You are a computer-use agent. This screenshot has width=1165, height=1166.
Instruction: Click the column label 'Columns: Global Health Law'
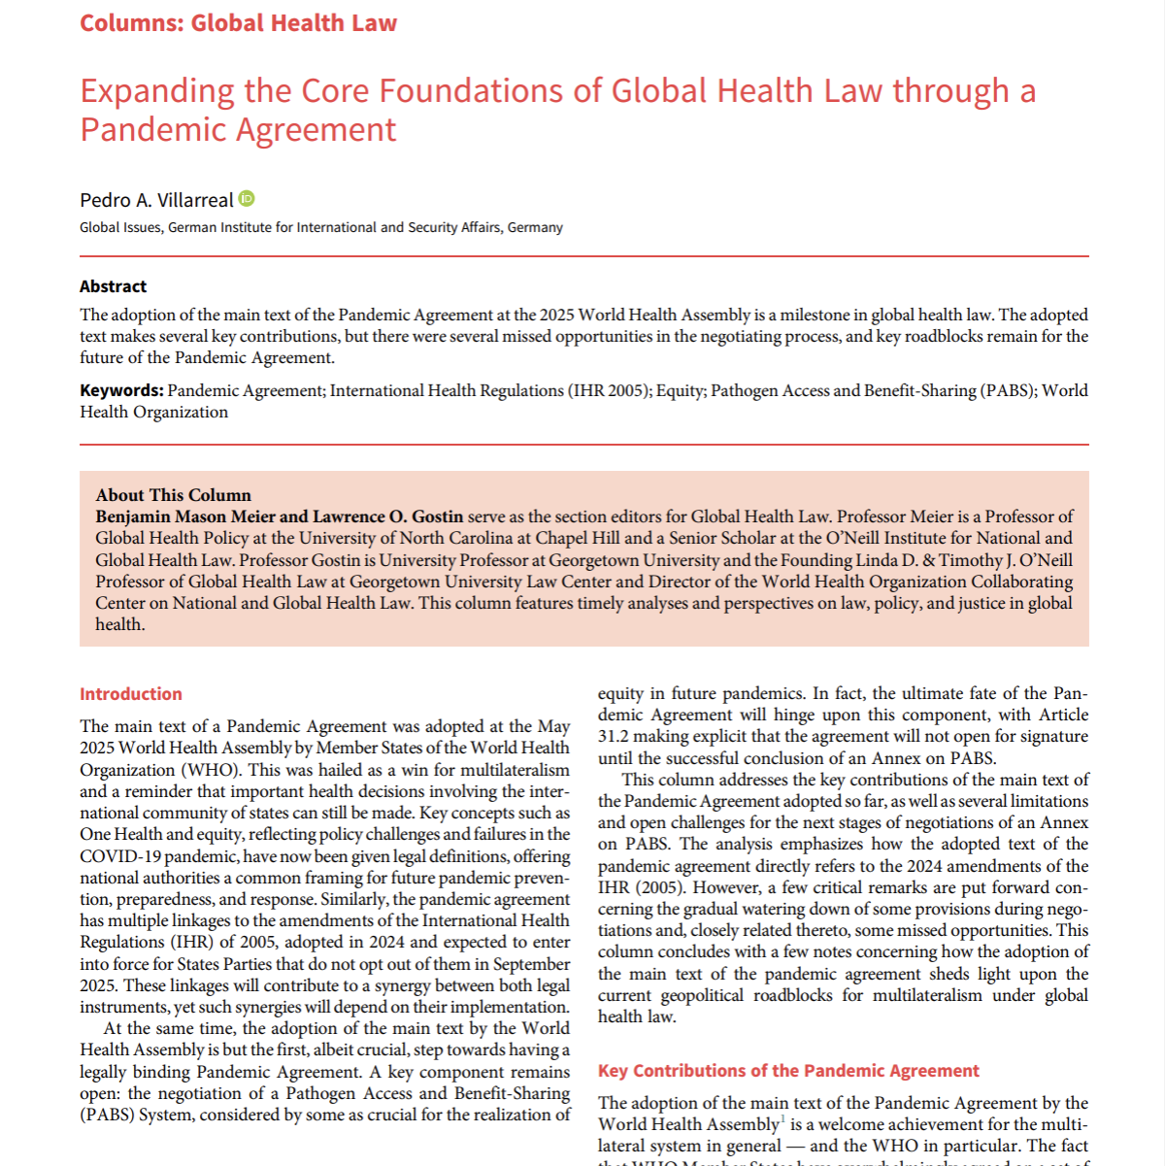click(238, 23)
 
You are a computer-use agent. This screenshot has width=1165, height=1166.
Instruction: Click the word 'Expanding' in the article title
click(156, 91)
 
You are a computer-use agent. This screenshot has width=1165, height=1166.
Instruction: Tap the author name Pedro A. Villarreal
click(156, 200)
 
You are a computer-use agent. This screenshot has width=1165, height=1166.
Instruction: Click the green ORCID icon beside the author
click(247, 199)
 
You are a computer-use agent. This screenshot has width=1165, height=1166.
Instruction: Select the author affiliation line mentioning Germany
click(320, 227)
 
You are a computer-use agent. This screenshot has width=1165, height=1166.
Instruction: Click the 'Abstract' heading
click(113, 286)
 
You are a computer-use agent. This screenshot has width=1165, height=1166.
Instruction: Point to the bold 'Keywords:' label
click(121, 390)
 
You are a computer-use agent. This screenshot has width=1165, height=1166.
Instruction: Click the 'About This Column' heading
click(173, 495)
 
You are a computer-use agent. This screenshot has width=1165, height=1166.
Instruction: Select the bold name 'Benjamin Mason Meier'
click(185, 516)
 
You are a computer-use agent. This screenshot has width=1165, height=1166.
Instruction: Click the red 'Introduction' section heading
click(131, 694)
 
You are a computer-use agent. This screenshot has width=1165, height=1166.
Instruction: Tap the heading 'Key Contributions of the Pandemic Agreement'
click(788, 1071)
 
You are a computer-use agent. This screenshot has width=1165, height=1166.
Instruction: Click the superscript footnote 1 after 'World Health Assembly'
click(783, 1119)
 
